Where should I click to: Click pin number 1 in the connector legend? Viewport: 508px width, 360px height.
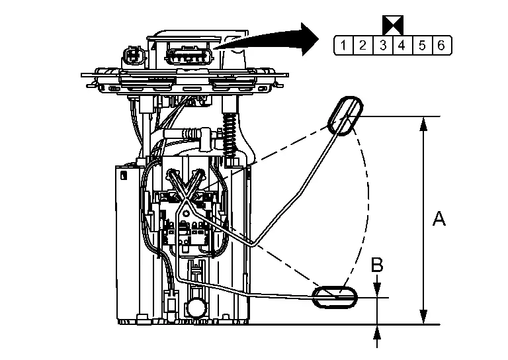[343, 45]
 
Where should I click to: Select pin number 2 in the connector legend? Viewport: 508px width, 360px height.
[363, 45]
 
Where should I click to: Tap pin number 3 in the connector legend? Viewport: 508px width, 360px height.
[383, 45]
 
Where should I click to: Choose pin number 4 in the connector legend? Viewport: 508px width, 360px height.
[402, 45]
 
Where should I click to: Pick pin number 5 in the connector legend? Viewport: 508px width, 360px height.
[422, 45]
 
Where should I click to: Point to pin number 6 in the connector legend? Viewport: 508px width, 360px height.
[441, 45]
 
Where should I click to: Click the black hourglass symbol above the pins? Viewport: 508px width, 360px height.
[393, 25]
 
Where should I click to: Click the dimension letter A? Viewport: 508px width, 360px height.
[439, 218]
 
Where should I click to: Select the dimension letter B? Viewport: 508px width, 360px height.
[377, 265]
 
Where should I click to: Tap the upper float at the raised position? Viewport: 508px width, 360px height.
[345, 116]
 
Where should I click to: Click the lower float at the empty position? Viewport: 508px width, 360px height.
[335, 297]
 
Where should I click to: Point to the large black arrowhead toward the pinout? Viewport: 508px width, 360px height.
[310, 39]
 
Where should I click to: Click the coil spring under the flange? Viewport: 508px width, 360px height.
[230, 134]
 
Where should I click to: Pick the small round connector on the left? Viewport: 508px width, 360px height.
[133, 57]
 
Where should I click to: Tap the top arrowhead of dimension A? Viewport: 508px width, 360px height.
[423, 124]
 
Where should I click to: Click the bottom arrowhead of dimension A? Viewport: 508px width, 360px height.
[423, 316]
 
